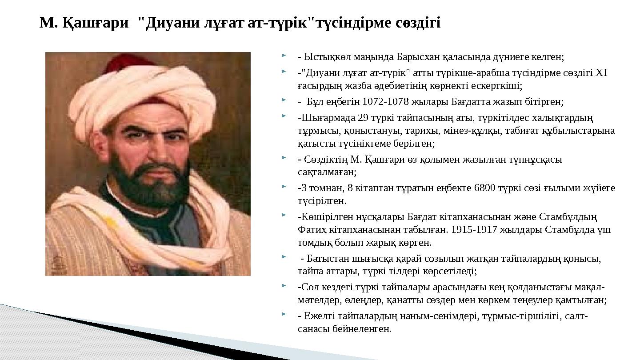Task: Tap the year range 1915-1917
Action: point(479,230)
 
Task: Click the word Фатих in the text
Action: point(310,230)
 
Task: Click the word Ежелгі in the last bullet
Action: point(317,316)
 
